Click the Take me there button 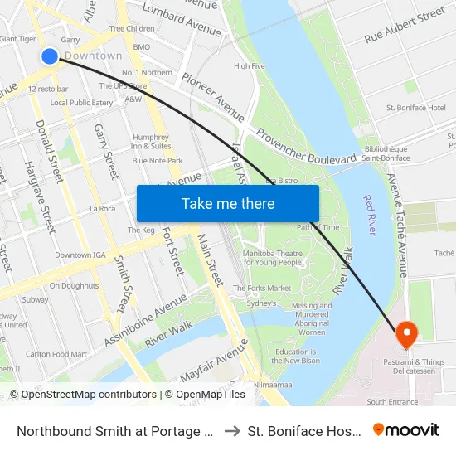pyautogui.click(x=227, y=203)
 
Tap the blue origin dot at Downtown pyautogui.click(x=50, y=56)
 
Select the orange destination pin pyautogui.click(x=406, y=334)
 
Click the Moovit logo pyautogui.click(x=406, y=430)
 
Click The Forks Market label pyautogui.click(x=262, y=288)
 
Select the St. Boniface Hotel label pyautogui.click(x=415, y=108)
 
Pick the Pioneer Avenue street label pyautogui.click(x=214, y=95)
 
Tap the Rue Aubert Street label pyautogui.click(x=405, y=26)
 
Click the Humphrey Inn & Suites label pyautogui.click(x=150, y=142)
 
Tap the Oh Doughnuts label pyautogui.click(x=74, y=285)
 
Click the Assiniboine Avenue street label pyautogui.click(x=146, y=318)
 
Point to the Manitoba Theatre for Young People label pyautogui.click(x=272, y=257)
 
